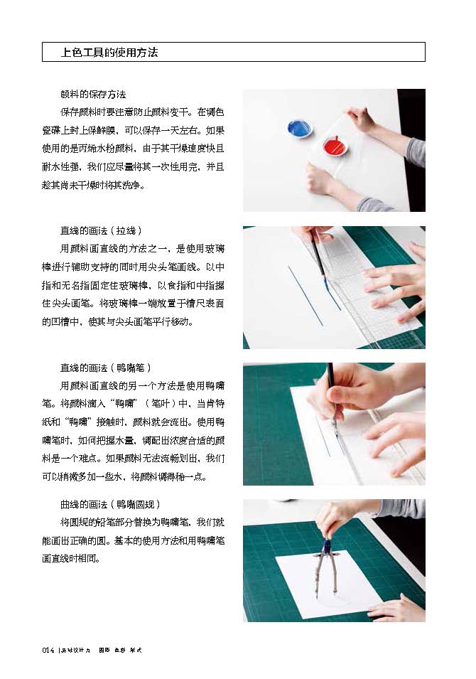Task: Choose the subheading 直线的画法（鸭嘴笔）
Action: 106,368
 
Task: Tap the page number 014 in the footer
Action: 48,650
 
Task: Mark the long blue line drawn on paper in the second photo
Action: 305,295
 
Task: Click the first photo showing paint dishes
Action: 334,150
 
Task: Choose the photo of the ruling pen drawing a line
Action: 334,424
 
